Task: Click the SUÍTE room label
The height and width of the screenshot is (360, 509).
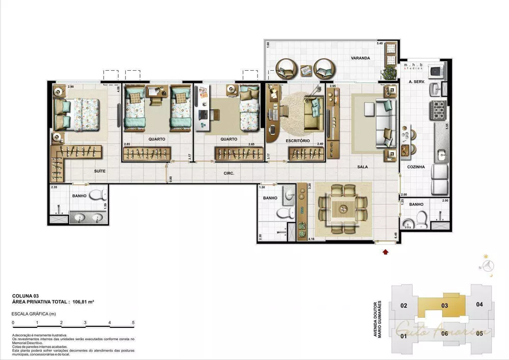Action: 99,171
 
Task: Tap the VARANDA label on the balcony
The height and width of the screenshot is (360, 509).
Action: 360,59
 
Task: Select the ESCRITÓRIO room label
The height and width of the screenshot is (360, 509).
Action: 298,140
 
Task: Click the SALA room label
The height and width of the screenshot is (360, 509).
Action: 362,167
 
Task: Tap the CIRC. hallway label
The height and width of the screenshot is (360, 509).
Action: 229,174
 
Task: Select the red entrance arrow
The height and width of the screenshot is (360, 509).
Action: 385,250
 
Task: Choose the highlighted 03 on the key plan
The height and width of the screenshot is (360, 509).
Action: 444,306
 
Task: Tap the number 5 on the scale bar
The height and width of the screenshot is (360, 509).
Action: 133,323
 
